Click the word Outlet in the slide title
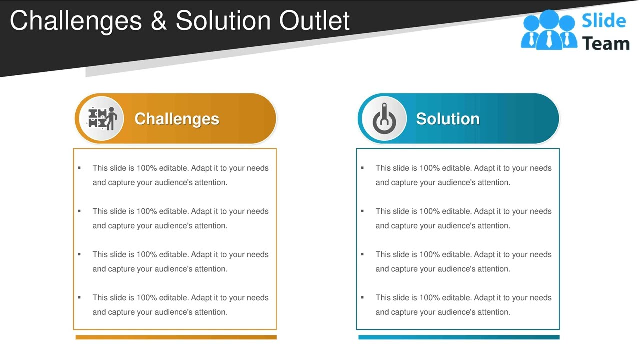[x=314, y=21]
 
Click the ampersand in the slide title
[x=158, y=21]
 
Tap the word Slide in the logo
[x=604, y=21]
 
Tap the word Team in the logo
[x=606, y=44]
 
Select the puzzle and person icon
[x=102, y=119]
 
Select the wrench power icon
[x=384, y=119]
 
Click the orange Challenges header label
[x=177, y=119]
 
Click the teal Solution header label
[x=448, y=119]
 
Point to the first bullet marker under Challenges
[x=79, y=168]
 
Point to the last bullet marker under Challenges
[x=79, y=297]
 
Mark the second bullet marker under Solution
[x=362, y=211]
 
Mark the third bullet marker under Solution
[x=362, y=254]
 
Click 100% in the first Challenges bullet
[x=147, y=168]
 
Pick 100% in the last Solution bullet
[x=430, y=298]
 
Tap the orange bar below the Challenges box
[x=176, y=337]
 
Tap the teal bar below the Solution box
[x=459, y=337]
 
